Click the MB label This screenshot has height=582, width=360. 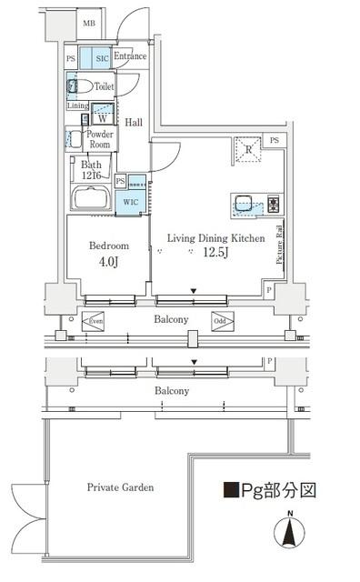point(89,24)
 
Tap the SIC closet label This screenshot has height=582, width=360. point(103,57)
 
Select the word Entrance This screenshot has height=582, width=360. point(130,56)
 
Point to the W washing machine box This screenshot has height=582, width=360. point(103,117)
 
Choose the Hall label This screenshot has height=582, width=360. point(134,122)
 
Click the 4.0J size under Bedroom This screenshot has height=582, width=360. point(108,263)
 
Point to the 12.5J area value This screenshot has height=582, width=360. point(215,254)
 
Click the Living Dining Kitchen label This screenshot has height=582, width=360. point(215,238)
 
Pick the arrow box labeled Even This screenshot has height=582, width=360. point(95,321)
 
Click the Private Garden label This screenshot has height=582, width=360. point(120,487)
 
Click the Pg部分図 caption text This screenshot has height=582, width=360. point(271,491)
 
